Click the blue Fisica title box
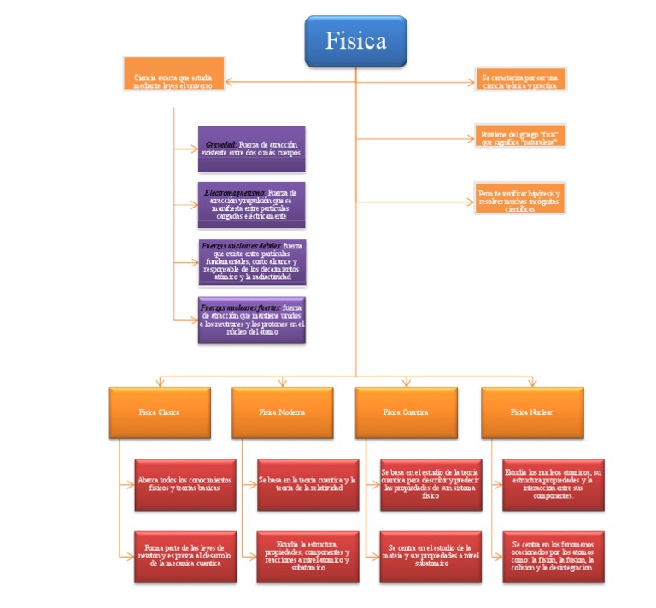pos(355,41)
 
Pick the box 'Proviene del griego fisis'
pos(520,138)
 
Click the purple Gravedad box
pos(251,149)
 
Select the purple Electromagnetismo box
pos(251,205)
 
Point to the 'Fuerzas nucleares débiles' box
pos(251,262)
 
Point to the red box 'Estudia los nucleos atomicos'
pos(553,484)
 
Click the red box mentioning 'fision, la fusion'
pos(553,556)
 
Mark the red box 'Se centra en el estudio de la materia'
pos(429,556)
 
